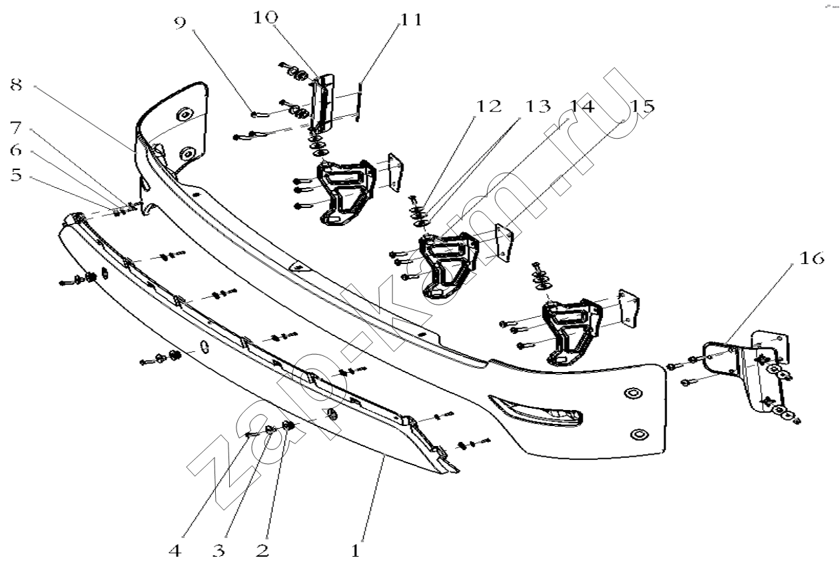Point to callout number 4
tap(175, 550)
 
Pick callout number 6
tap(17, 151)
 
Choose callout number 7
tap(17, 127)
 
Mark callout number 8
tap(17, 85)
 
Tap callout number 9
tap(180, 23)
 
